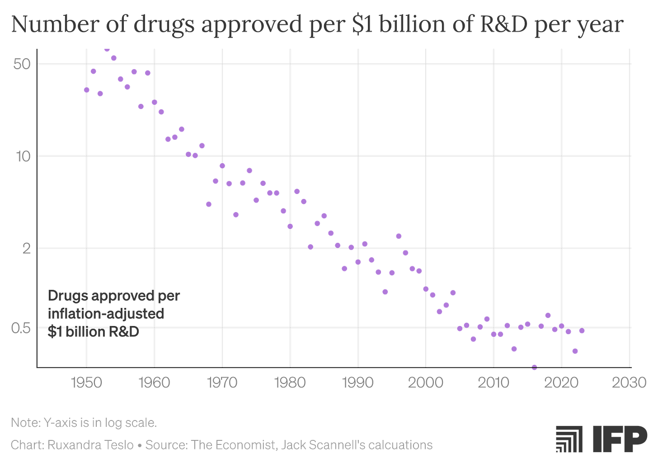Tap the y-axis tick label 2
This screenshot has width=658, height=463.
27,249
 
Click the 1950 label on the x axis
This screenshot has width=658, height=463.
86,383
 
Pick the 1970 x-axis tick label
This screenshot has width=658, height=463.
222,383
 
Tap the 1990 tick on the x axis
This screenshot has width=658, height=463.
358,383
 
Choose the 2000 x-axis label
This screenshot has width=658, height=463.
426,383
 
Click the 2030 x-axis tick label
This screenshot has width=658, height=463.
629,383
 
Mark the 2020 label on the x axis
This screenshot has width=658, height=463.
561,383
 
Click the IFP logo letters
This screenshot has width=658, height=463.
620,439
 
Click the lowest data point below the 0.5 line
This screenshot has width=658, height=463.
535,367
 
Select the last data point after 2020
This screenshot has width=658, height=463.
582,331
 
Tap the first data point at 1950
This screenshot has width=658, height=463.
86,90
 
